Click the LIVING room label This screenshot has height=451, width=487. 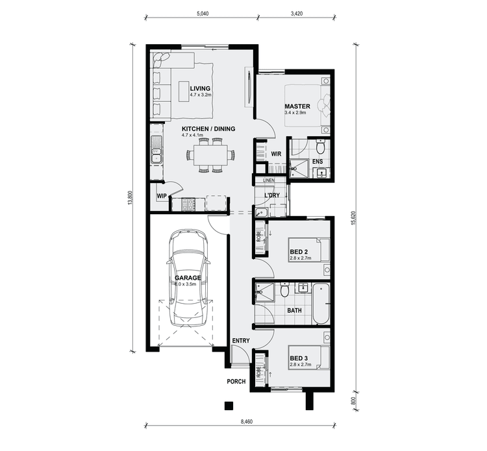(x=200, y=89)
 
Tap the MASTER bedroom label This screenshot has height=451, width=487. (x=297, y=106)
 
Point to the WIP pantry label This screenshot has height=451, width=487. (x=162, y=195)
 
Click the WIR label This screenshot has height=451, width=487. (x=275, y=154)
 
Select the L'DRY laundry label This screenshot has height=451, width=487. (x=271, y=195)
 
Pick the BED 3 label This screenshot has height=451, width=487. (x=299, y=358)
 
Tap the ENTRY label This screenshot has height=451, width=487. (x=241, y=341)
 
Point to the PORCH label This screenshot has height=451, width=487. (x=236, y=382)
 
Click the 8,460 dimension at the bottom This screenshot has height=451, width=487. (x=247, y=422)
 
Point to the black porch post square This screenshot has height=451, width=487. (x=229, y=406)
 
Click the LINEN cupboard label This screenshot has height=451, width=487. (x=269, y=180)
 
